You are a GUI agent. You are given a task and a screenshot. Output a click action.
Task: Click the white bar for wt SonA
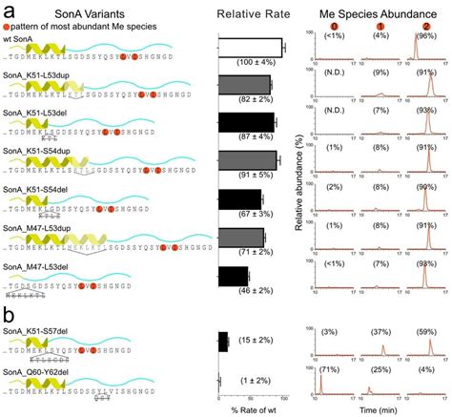(251, 48)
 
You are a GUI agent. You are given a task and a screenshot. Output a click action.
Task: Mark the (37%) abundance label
(380, 331)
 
